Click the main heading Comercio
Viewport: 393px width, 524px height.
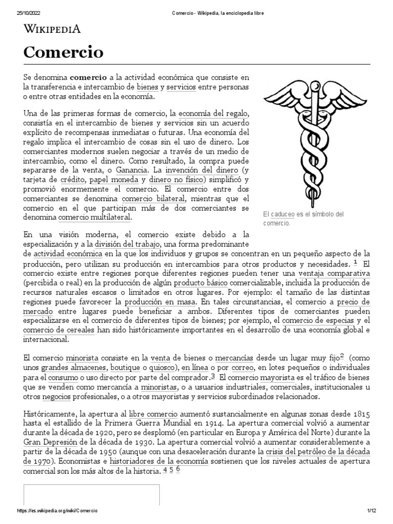click(x=63, y=52)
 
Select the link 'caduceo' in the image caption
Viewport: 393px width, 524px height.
click(x=283, y=214)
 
